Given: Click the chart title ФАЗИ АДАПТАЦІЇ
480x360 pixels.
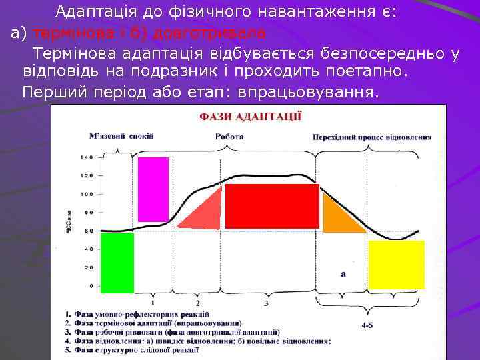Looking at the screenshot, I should [x=250, y=116].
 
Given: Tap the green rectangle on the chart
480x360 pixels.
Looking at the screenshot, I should [x=117, y=263].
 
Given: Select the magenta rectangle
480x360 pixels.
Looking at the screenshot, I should [x=153, y=189].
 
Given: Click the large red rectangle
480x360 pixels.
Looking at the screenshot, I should [x=272, y=206].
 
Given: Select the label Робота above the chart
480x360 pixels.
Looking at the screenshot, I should [x=229, y=136].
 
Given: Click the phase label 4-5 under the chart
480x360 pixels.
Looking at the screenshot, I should [x=367, y=326].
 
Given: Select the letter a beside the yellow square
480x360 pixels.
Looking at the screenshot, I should [x=343, y=273].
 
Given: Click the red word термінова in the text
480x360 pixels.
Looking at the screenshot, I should [x=66, y=33].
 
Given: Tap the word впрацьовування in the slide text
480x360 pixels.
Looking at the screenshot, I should [x=325, y=92].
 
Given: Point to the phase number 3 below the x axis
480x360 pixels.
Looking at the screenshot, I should [x=266, y=303].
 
